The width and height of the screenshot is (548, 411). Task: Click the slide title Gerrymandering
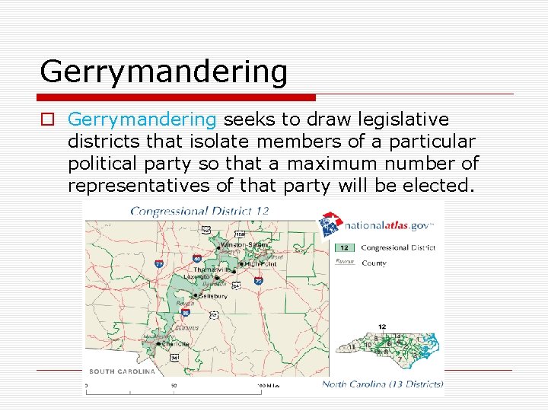pos(164,72)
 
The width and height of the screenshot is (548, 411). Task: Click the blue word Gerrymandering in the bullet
pos(142,119)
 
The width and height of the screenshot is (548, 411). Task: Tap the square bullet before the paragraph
pos(48,120)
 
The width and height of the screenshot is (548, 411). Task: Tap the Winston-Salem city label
pos(237,245)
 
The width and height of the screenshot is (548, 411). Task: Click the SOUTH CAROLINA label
pos(123,371)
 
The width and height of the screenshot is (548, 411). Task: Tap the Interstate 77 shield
pos(159,263)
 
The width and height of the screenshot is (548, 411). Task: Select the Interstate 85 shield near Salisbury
pos(186,312)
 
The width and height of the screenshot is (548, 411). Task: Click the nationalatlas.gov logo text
pos(388,225)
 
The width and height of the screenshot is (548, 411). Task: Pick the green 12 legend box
pos(344,247)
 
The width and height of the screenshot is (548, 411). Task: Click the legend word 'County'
pos(374,263)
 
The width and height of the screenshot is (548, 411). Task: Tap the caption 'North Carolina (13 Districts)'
pos(382,384)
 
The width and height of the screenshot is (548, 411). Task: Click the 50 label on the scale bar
pos(174,386)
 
